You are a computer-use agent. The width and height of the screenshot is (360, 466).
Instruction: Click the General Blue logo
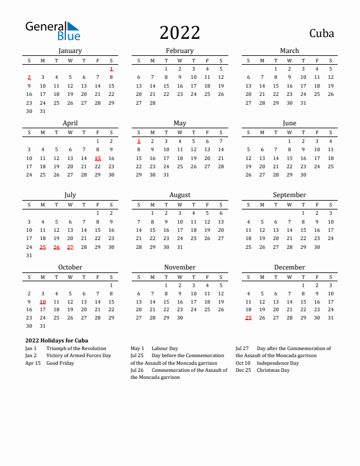click(x=52, y=31)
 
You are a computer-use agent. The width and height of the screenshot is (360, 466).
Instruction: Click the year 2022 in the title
click(x=179, y=32)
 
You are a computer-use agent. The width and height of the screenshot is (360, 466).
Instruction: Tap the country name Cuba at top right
click(x=321, y=33)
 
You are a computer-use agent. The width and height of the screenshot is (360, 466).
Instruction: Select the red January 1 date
click(x=111, y=69)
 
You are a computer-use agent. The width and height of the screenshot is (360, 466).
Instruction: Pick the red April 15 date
click(x=98, y=158)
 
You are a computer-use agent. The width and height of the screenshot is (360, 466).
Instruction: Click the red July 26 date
click(x=56, y=247)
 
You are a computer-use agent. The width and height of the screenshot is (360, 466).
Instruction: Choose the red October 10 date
click(x=43, y=301)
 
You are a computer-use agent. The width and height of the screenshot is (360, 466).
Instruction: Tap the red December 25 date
click(x=248, y=318)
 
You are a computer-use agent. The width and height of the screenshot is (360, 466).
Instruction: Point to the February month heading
click(x=179, y=51)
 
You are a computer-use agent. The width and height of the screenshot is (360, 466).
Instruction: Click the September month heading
click(x=289, y=195)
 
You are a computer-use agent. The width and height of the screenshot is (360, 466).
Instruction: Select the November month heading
click(x=179, y=267)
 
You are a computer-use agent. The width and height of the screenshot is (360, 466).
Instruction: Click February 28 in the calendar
click(x=152, y=102)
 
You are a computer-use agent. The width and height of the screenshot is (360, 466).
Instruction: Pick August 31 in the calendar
click(x=179, y=247)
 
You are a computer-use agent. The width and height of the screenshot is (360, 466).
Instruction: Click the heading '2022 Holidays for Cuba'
click(x=57, y=340)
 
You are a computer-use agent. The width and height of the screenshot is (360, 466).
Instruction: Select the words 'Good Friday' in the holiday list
click(x=60, y=363)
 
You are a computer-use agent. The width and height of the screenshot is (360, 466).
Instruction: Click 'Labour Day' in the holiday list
click(x=165, y=348)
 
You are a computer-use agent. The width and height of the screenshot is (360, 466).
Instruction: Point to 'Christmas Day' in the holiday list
click(x=273, y=370)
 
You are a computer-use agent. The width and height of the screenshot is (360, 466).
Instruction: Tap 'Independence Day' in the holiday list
click(x=278, y=363)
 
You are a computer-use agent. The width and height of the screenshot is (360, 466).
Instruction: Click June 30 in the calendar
click(x=303, y=175)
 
